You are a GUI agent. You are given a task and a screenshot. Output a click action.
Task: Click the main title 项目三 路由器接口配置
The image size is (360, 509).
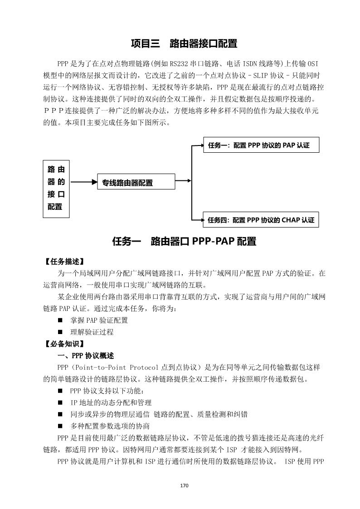tap(184, 44)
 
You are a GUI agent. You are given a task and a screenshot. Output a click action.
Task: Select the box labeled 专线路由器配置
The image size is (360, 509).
tap(136, 183)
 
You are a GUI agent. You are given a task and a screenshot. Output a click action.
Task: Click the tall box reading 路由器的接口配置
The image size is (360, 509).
tap(56, 188)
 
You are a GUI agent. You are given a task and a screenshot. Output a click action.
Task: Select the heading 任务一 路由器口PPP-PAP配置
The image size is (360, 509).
tap(184, 241)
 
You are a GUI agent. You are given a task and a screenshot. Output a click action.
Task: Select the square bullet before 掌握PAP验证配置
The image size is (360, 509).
tap(60, 320)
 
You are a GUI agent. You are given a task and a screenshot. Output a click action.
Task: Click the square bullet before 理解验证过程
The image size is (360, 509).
tap(60, 332)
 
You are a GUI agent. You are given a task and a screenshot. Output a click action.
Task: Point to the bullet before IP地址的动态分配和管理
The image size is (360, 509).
tap(60, 402)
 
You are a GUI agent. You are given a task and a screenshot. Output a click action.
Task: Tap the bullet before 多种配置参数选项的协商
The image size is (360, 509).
tap(60, 426)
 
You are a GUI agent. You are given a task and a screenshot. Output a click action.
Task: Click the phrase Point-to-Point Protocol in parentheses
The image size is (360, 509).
tap(112, 367)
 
